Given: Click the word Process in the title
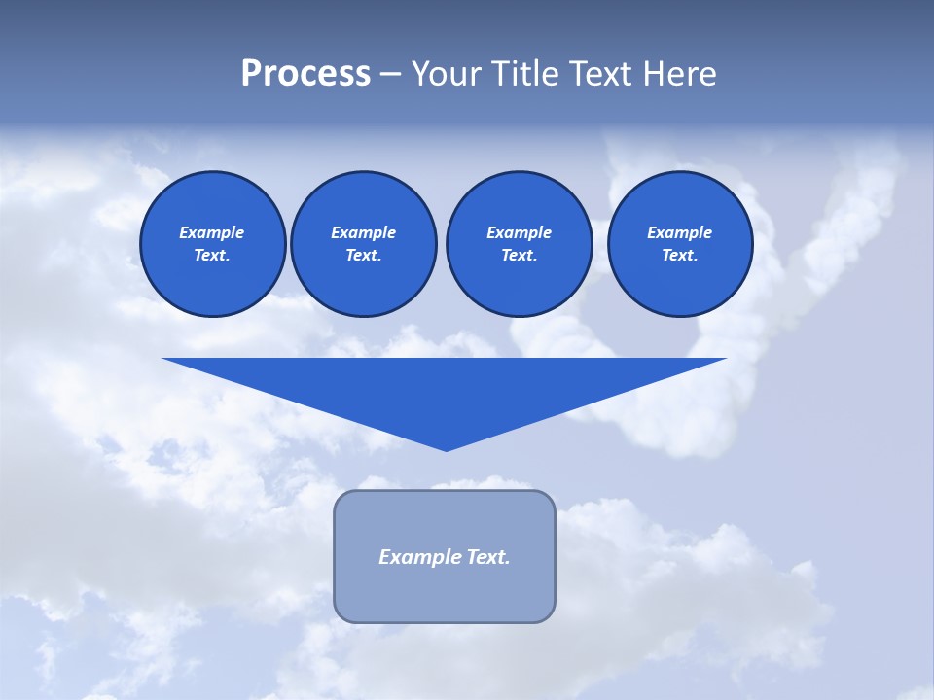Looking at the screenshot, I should tap(305, 74).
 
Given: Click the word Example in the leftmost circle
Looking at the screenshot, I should tap(212, 232).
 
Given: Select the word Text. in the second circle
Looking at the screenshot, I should tap(364, 256).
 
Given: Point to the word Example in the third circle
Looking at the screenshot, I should tap(519, 232).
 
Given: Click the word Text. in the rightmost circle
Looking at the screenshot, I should tap(680, 256).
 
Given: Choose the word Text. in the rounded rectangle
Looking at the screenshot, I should tap(487, 557).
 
